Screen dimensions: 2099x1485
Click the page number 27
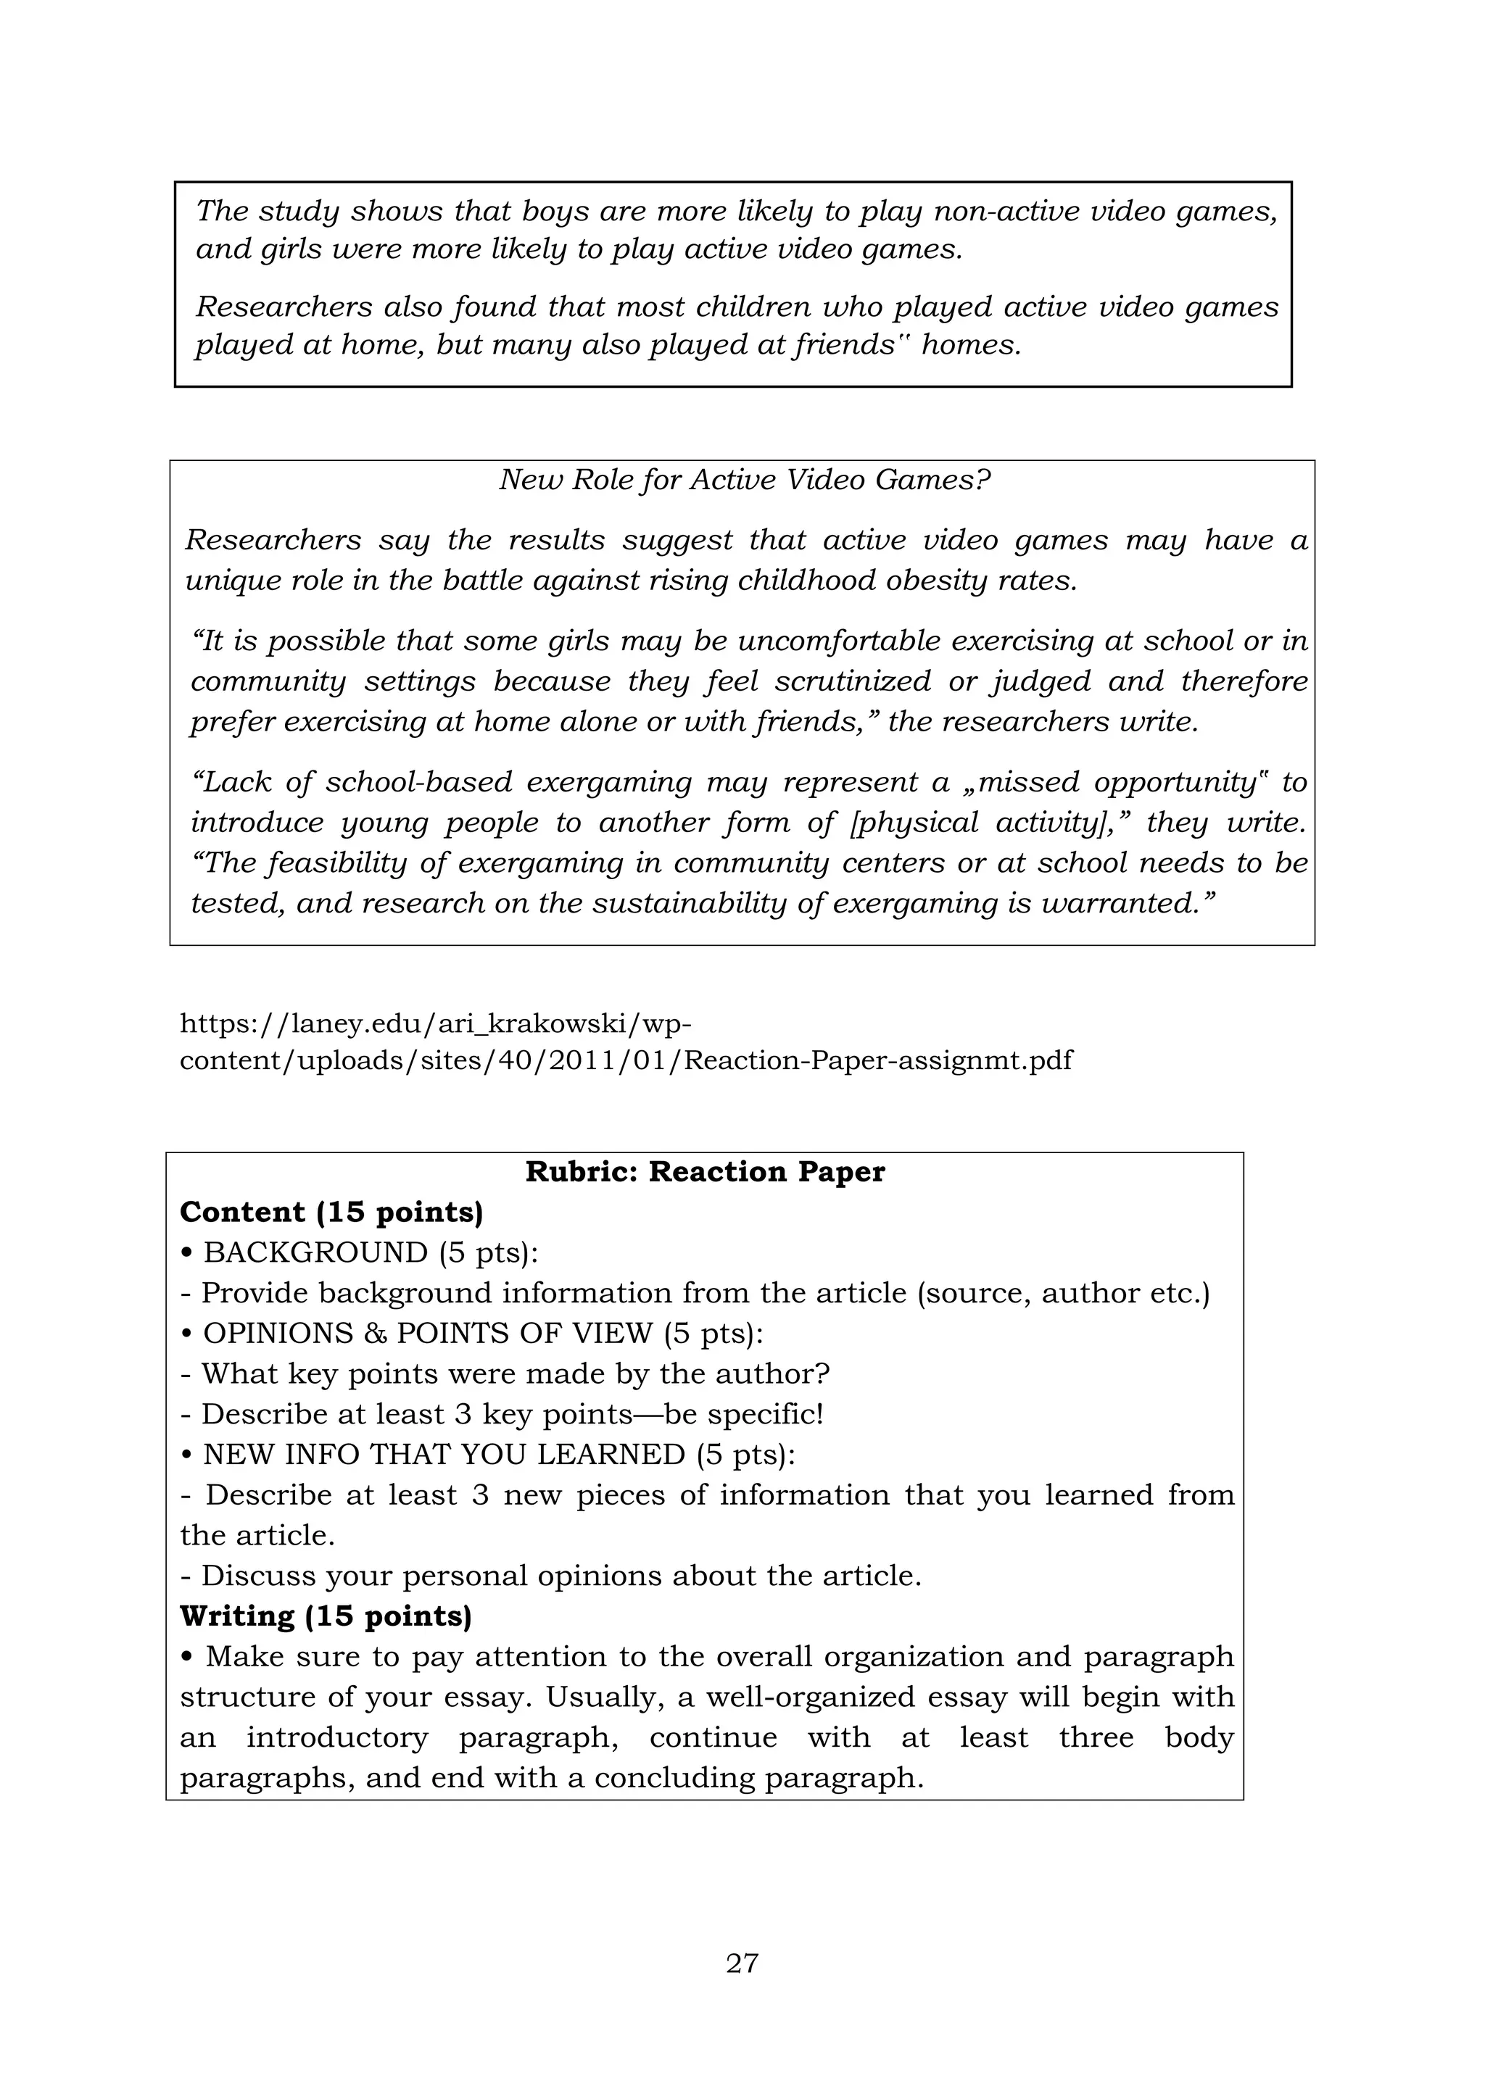pos(742,1962)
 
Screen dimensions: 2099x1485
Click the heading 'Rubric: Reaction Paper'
pos(705,1172)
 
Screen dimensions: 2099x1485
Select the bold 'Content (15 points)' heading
pos(331,1213)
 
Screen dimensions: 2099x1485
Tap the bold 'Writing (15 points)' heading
pos(326,1616)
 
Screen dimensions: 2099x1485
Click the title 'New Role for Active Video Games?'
pos(745,480)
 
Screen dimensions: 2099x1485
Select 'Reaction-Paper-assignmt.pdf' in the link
pos(877,1060)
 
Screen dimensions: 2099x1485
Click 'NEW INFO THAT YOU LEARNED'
pos(444,1455)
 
